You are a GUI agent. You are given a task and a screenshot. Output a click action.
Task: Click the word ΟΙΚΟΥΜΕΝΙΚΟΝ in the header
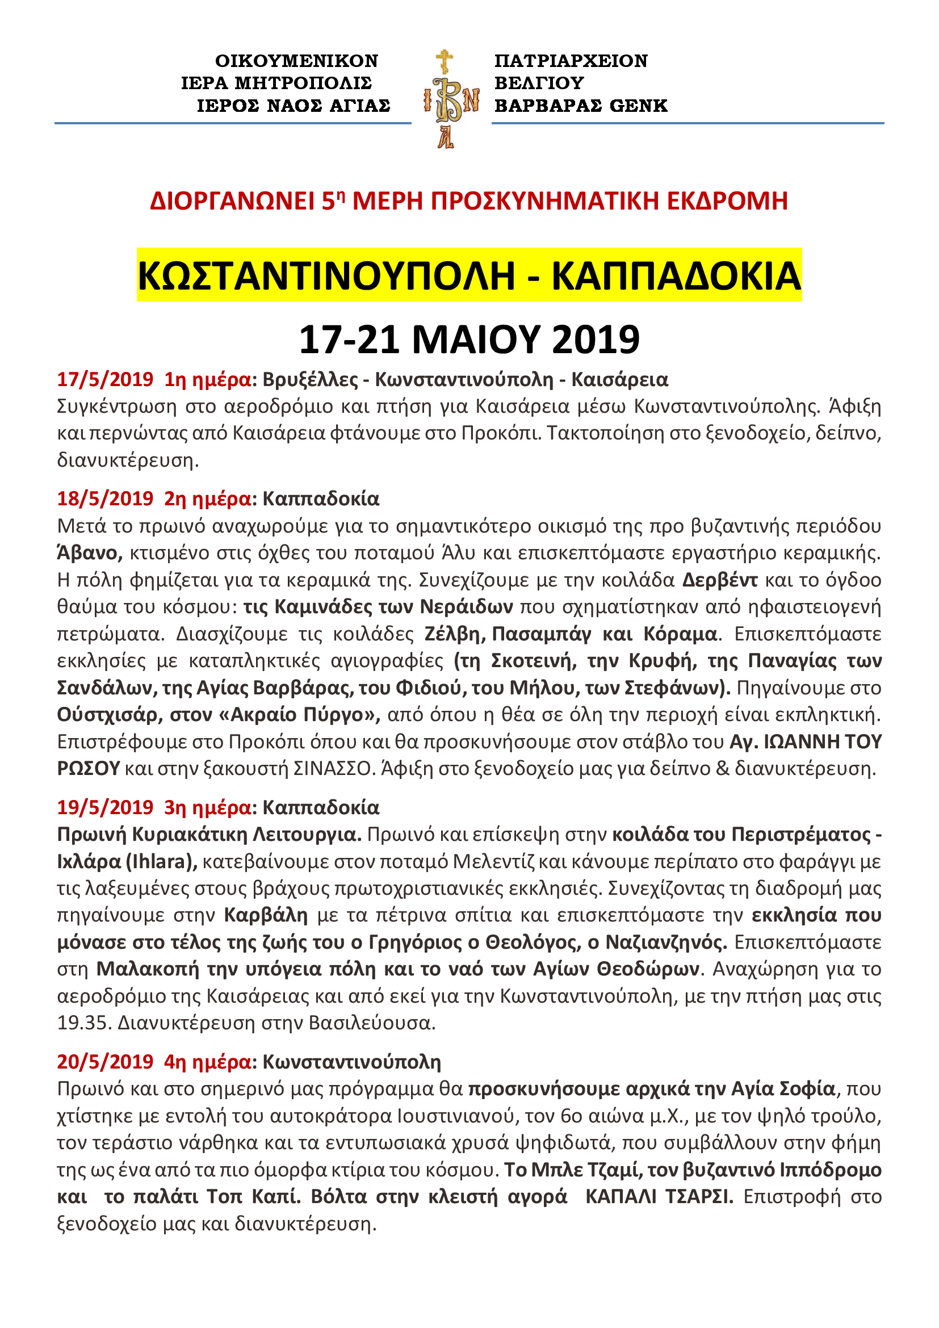[x=296, y=61]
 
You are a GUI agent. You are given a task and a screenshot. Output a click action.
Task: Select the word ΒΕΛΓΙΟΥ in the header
[x=539, y=83]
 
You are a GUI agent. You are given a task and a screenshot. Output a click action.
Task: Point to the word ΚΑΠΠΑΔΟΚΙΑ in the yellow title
[x=676, y=275]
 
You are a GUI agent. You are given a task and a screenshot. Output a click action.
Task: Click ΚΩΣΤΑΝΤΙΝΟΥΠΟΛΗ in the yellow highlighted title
[x=326, y=275]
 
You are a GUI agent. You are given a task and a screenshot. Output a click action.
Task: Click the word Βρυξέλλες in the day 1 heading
[x=310, y=379]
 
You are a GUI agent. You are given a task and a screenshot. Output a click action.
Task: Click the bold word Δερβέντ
[x=719, y=580]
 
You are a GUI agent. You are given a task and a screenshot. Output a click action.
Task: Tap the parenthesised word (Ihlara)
[x=161, y=862]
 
